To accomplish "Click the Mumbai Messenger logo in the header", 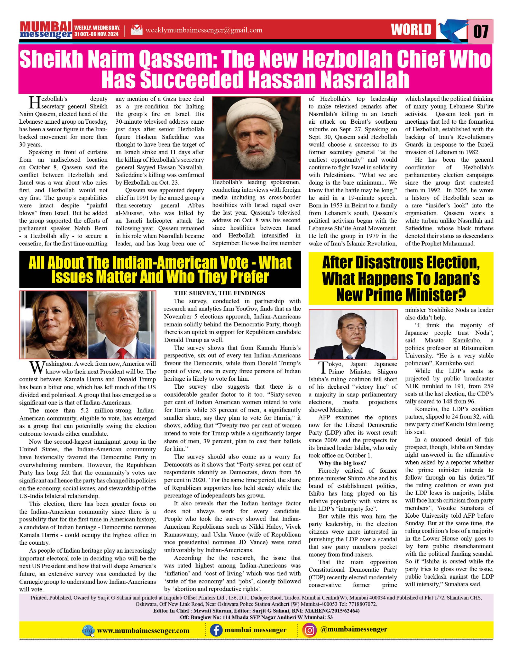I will point(46,30).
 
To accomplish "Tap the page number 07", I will point(481,31).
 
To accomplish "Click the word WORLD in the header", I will point(411,30).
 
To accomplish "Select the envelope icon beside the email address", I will point(136,30).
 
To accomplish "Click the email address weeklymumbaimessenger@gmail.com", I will point(204,30).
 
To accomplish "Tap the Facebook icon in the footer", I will point(216,630).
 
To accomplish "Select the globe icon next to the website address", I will point(88,630).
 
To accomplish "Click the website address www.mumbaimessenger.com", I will point(143,630).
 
